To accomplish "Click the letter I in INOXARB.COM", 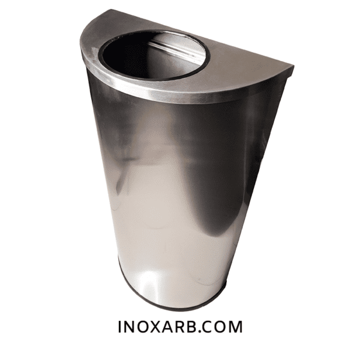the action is pyautogui.click(x=119, y=326).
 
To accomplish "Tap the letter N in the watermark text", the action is pyautogui.click(x=130, y=326).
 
